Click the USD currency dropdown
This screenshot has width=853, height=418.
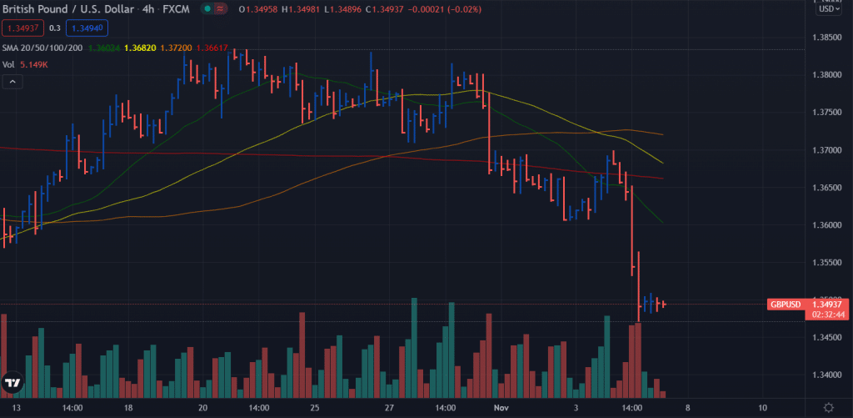(827, 9)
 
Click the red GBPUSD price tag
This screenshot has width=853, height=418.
(785, 304)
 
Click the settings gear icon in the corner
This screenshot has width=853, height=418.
(827, 407)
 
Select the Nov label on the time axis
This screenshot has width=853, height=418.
(500, 408)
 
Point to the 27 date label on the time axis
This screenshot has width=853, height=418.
(389, 408)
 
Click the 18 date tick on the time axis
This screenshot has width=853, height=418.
(127, 408)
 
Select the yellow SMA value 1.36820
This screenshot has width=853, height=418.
(137, 48)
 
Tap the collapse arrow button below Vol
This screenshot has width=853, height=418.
(12, 82)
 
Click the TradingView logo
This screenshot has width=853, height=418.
(12, 383)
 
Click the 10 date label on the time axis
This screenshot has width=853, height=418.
(763, 408)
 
